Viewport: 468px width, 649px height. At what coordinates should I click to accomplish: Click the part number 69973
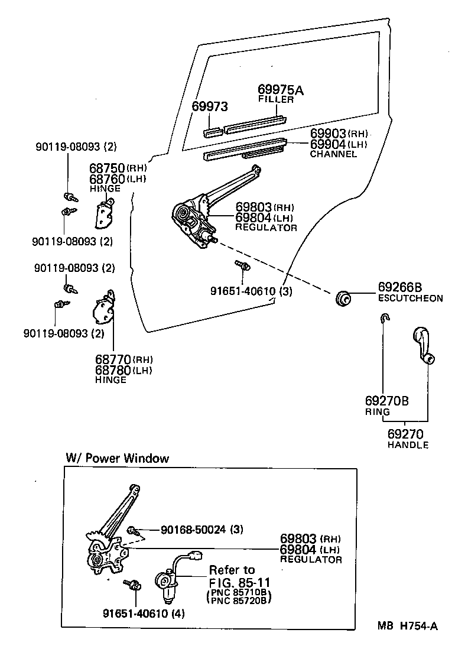[x=210, y=106]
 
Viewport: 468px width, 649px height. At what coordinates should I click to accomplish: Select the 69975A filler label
[x=281, y=90]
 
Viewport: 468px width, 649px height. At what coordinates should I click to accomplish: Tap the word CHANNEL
[x=333, y=154]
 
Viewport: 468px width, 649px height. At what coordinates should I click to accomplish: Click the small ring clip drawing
[x=384, y=319]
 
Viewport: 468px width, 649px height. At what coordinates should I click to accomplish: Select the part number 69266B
[x=400, y=288]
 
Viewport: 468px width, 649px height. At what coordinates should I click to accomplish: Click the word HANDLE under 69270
[x=408, y=445]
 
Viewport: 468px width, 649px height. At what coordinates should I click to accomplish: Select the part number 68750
[x=106, y=168]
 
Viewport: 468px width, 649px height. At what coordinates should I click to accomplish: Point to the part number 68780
[x=112, y=370]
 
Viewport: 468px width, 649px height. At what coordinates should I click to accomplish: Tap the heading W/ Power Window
[x=117, y=458]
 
